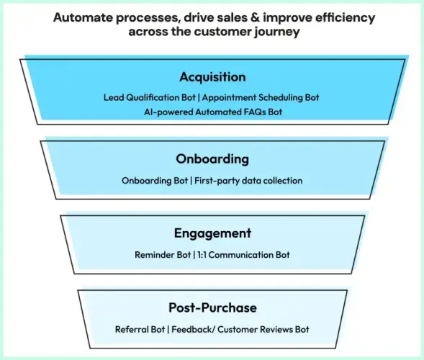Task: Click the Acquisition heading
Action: pos(212,77)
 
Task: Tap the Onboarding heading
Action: pos(212,158)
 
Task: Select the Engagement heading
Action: pos(212,233)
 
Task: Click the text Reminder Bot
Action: pos(162,255)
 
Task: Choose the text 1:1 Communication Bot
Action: pos(243,255)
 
